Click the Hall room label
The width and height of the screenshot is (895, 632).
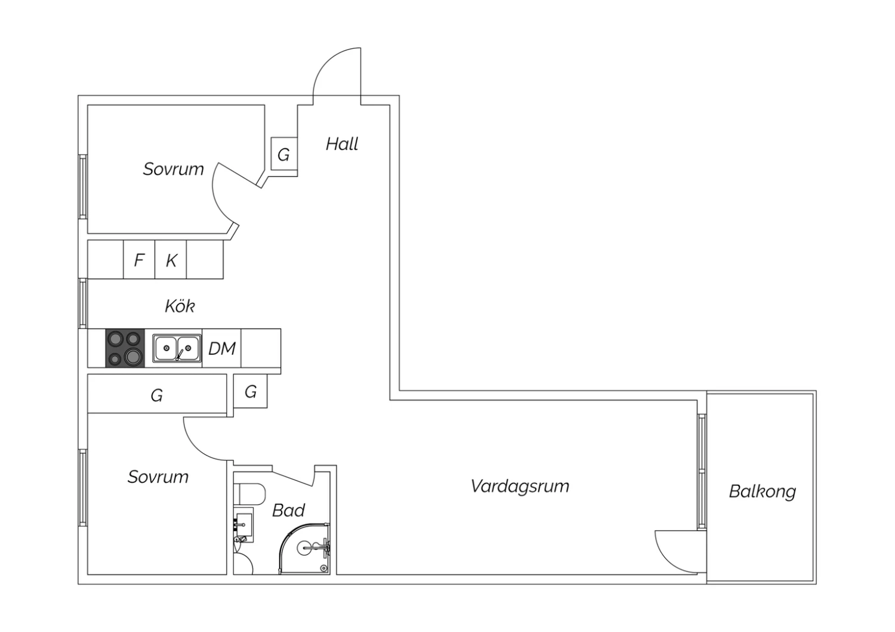click(x=342, y=144)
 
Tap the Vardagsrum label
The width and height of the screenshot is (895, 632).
click(x=520, y=487)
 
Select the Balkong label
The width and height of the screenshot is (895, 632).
click(x=763, y=491)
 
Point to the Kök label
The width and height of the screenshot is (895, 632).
click(x=180, y=306)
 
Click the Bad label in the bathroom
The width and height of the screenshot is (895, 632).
click(x=288, y=510)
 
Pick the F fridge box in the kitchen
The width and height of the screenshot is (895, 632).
click(x=139, y=259)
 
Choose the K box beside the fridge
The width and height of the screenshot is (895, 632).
click(x=171, y=259)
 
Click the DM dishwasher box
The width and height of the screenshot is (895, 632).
click(x=222, y=348)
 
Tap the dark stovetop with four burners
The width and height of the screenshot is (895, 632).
click(x=125, y=348)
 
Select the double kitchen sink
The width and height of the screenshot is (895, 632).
click(x=177, y=348)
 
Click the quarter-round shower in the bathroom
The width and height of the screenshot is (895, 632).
click(x=304, y=549)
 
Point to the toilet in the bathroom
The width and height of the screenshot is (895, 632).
click(x=250, y=494)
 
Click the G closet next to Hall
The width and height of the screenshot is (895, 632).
click(x=284, y=154)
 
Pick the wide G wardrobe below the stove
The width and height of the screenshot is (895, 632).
click(x=157, y=394)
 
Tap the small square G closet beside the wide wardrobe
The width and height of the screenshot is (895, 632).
click(x=251, y=391)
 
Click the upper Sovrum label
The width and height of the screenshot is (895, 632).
click(x=174, y=169)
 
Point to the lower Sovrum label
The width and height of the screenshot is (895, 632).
click(x=158, y=477)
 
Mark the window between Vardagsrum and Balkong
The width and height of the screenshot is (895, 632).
click(x=702, y=472)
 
